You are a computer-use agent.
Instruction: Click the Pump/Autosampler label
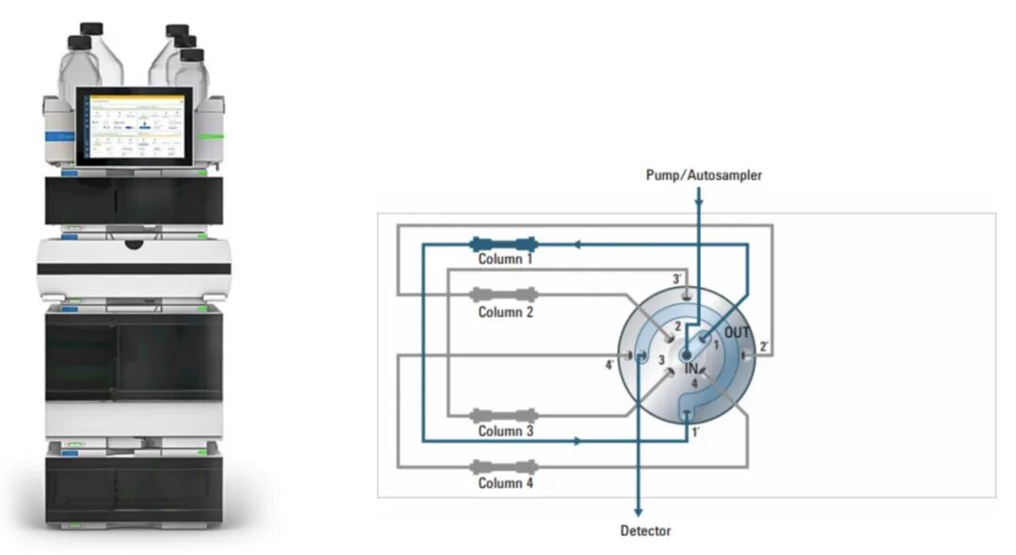pyautogui.click(x=704, y=175)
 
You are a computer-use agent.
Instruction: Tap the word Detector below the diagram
pyautogui.click(x=645, y=531)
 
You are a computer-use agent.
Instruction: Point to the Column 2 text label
pyautogui.click(x=505, y=311)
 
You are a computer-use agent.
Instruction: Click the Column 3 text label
pyautogui.click(x=505, y=431)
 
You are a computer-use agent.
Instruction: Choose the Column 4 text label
pyautogui.click(x=505, y=483)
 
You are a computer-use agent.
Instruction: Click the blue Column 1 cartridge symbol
pyautogui.click(x=503, y=244)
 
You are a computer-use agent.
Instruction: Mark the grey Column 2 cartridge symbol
pyautogui.click(x=503, y=294)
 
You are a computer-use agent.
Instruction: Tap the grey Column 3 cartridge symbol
pyautogui.click(x=503, y=414)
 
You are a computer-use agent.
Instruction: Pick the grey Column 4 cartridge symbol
pyautogui.click(x=503, y=466)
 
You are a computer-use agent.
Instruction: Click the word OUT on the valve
pyautogui.click(x=738, y=333)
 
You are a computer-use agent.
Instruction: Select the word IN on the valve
pyautogui.click(x=691, y=368)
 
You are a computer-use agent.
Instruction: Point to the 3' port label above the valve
pyautogui.click(x=677, y=279)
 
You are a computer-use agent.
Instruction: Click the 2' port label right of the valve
pyautogui.click(x=764, y=347)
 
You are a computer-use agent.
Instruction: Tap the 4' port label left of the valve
pyautogui.click(x=610, y=365)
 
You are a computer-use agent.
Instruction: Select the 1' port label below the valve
pyautogui.click(x=695, y=433)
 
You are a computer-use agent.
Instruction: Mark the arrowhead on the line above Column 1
pyautogui.click(x=577, y=244)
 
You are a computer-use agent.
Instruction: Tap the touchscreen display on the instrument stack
pyautogui.click(x=134, y=126)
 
